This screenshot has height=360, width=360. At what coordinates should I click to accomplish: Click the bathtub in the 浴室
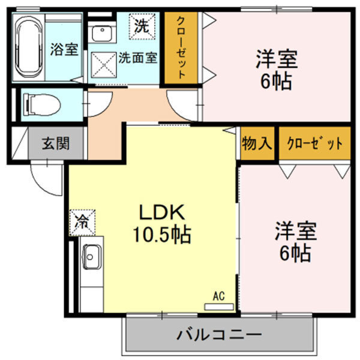point(28,48)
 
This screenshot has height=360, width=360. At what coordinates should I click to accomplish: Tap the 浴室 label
point(64,50)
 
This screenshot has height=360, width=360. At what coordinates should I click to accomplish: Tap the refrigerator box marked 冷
point(81,221)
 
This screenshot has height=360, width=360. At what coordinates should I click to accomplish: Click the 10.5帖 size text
point(161,235)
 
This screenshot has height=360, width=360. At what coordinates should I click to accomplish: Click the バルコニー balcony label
point(219,334)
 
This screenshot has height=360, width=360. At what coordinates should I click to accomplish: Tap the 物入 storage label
point(257,143)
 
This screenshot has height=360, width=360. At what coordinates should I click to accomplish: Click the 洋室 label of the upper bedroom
point(277,60)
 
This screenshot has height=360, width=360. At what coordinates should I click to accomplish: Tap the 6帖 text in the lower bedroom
point(295,254)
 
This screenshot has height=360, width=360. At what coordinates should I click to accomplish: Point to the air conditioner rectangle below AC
point(219,306)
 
